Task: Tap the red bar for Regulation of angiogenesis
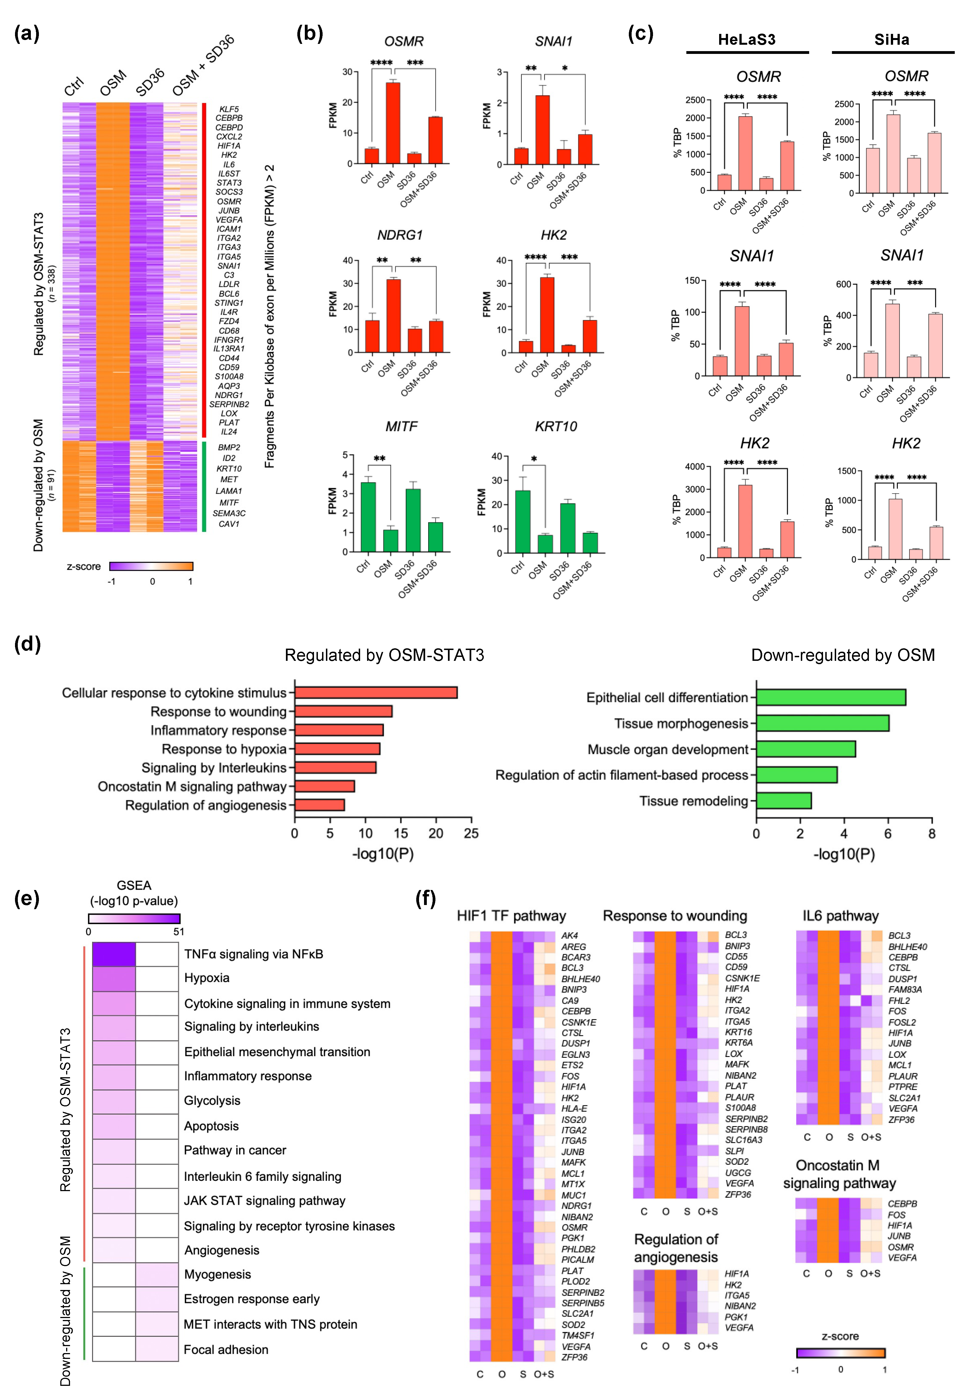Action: click(x=319, y=805)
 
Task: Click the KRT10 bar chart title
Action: click(x=555, y=426)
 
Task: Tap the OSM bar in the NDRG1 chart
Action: click(x=393, y=315)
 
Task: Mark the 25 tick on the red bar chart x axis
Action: click(x=471, y=834)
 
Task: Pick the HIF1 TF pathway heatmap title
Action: click(x=511, y=916)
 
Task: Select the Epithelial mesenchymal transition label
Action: click(x=277, y=1052)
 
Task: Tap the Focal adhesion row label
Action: click(x=226, y=1349)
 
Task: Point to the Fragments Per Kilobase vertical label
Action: click(x=269, y=316)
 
